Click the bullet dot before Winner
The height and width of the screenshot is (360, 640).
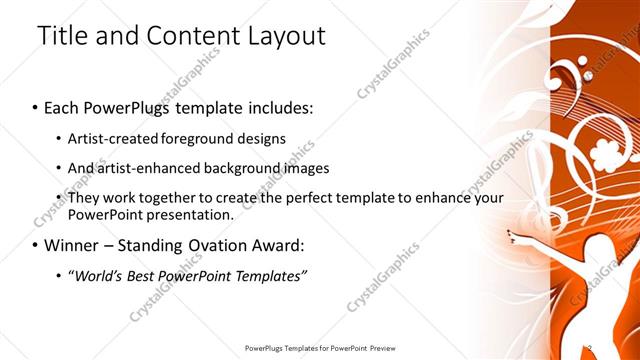36,246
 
